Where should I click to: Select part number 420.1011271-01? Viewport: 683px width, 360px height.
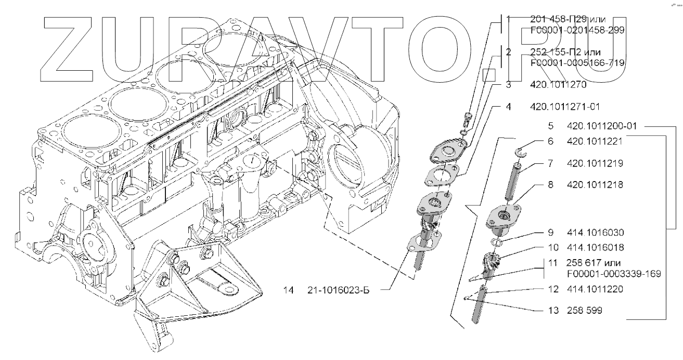565,107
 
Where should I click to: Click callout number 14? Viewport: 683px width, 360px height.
289,290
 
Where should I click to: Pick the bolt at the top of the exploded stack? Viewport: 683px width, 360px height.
467,119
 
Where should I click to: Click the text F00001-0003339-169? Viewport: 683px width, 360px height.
614,274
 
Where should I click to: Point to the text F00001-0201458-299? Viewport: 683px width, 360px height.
577,30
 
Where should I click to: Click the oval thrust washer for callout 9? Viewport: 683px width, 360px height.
496,243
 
